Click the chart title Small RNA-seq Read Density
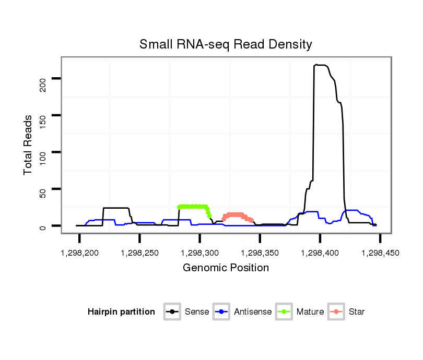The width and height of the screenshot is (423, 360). (226, 44)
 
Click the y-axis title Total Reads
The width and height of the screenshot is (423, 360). (29, 145)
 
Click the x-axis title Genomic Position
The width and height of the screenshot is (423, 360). (226, 268)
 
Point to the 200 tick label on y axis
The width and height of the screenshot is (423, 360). (43, 85)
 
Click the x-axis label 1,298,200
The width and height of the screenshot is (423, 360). (79, 253)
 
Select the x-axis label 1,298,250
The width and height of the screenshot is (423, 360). (139, 253)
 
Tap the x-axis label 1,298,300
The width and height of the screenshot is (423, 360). (199, 253)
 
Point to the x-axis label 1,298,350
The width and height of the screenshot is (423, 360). (260, 253)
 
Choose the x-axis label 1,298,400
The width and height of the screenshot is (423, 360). (320, 253)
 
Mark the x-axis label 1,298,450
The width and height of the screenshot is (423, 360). (380, 253)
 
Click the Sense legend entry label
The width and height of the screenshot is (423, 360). (197, 312)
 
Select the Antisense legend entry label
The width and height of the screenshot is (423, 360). (253, 312)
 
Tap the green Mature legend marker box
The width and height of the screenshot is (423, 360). (285, 312)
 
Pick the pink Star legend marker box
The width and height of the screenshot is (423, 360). (337, 312)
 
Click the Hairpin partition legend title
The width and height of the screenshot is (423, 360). (121, 312)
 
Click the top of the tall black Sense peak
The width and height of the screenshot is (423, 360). (316, 65)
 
